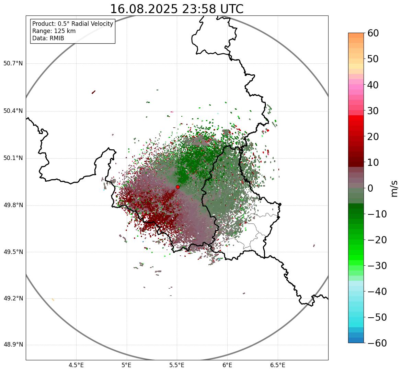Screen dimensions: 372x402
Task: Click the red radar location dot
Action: pos(177,187)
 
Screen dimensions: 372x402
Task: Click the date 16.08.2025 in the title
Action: pos(144,9)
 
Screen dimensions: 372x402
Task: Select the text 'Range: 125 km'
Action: pos(54,31)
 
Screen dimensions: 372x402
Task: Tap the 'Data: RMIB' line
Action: pos(48,38)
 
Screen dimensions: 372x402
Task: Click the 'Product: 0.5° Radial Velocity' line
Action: pos(72,24)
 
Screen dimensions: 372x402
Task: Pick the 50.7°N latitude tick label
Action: pos(13,64)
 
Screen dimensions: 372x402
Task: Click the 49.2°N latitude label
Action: pos(13,298)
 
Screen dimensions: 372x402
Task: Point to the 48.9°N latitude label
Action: pos(13,345)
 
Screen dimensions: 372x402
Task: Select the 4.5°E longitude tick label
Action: pos(76,365)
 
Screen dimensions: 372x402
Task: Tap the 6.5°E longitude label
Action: pos(277,365)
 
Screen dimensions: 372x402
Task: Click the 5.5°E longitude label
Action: pos(177,365)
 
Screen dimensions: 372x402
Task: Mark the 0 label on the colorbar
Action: pos(370,188)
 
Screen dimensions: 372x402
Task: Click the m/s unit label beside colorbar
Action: pos(394,188)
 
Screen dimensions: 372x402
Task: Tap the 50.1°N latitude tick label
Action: pos(13,158)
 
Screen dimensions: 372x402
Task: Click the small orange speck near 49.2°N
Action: pos(53,300)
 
